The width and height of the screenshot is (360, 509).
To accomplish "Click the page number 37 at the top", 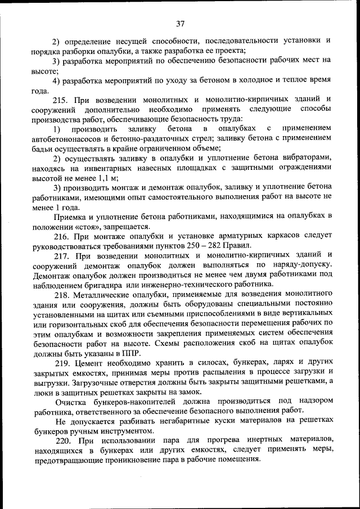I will [180, 24].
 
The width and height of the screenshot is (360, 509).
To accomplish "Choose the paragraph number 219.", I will [62, 362].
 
